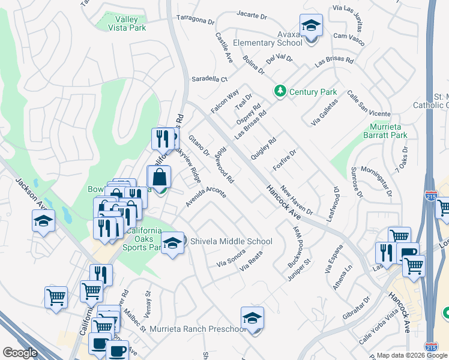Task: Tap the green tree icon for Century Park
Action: pos(279,92)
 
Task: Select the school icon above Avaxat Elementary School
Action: pos(311,26)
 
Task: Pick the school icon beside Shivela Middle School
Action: pos(172,242)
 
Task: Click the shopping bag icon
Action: pos(159,178)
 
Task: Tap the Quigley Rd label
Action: pos(264,147)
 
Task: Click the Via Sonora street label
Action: pos(231,258)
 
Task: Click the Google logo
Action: pos(20,353)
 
